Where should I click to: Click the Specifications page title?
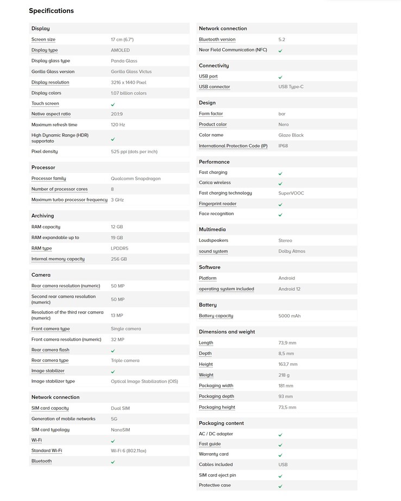click(x=51, y=11)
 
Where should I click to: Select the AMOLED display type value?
click(x=120, y=50)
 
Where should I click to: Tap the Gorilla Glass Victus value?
click(x=131, y=72)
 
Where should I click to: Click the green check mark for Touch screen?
click(x=113, y=104)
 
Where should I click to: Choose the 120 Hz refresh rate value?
click(x=118, y=125)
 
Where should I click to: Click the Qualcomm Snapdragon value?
click(x=135, y=178)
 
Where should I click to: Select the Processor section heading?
click(x=43, y=167)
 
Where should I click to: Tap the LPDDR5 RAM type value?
click(x=120, y=248)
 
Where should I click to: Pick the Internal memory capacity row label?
click(x=58, y=259)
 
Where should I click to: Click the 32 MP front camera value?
click(x=117, y=340)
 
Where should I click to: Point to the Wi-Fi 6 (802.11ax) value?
click(x=128, y=450)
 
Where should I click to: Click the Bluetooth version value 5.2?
click(x=281, y=39)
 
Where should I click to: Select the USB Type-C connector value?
click(x=291, y=87)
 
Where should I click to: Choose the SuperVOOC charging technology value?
click(x=292, y=193)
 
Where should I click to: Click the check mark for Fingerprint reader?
click(x=280, y=204)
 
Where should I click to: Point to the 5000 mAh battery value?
click(x=289, y=316)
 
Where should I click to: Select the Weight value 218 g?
click(x=284, y=375)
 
